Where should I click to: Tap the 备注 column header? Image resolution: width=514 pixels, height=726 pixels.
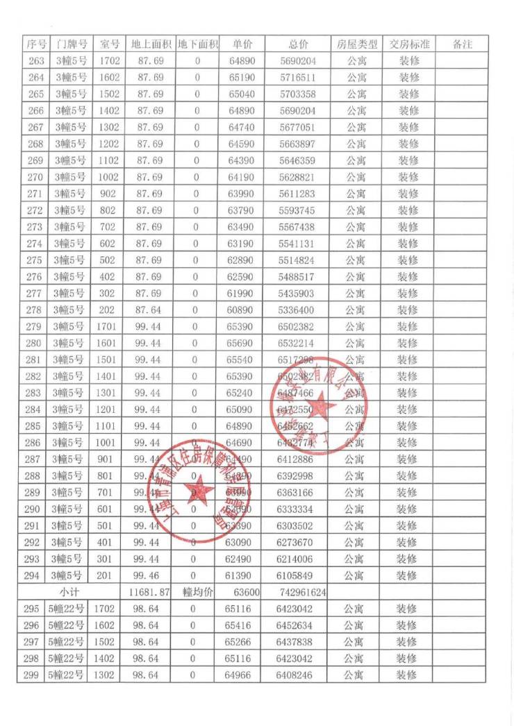coord(462,44)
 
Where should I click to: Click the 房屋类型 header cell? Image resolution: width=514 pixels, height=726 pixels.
coord(356,44)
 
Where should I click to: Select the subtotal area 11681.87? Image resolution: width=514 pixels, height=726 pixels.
coord(149,592)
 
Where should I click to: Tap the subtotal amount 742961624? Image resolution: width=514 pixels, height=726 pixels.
coord(299,592)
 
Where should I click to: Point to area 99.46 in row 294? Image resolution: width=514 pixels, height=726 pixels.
coord(147,575)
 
